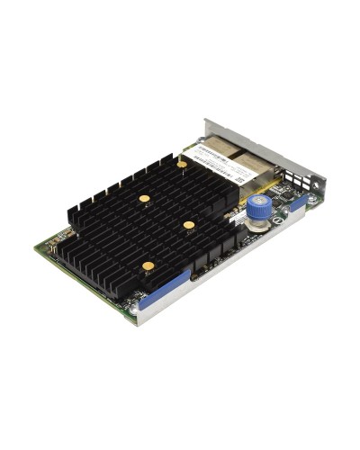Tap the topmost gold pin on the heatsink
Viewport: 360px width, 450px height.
(x=182, y=165)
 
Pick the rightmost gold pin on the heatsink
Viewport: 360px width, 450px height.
(x=189, y=224)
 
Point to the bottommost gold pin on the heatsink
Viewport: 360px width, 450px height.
(x=148, y=265)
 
